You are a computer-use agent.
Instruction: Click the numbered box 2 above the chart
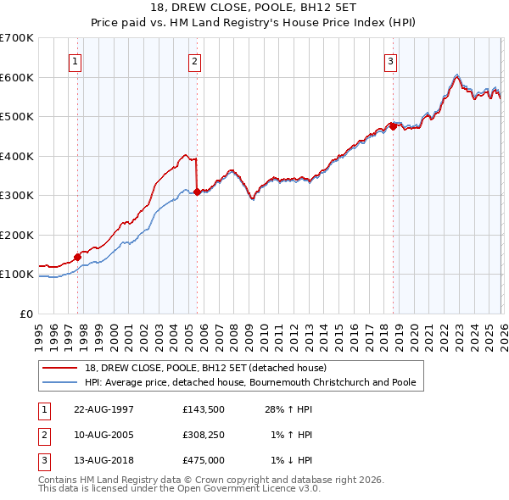(195, 60)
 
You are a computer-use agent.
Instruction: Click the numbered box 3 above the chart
(391, 60)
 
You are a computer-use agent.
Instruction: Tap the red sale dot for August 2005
(197, 192)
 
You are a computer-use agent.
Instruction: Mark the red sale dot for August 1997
(77, 257)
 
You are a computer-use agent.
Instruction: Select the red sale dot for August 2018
(393, 126)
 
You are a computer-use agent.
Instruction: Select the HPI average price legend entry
(250, 382)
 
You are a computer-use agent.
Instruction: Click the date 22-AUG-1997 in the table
(104, 409)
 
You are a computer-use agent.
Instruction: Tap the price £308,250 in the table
(204, 435)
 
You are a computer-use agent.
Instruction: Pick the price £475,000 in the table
(204, 460)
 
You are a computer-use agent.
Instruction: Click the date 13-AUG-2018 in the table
(104, 460)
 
